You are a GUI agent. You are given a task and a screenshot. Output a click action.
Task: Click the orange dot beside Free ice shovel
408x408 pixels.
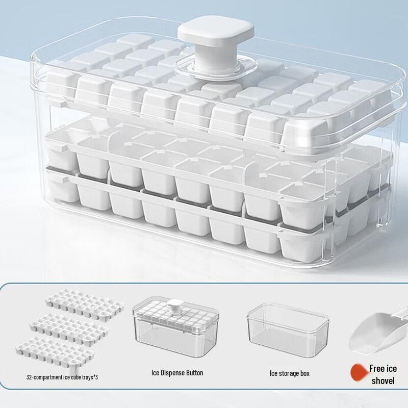[x=359, y=373]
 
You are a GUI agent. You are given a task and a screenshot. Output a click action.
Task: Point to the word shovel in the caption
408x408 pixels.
[x=383, y=381]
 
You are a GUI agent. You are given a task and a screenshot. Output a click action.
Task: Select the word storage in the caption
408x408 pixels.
[x=288, y=373]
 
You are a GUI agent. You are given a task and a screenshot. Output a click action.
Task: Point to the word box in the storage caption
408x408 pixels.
[x=304, y=373]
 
